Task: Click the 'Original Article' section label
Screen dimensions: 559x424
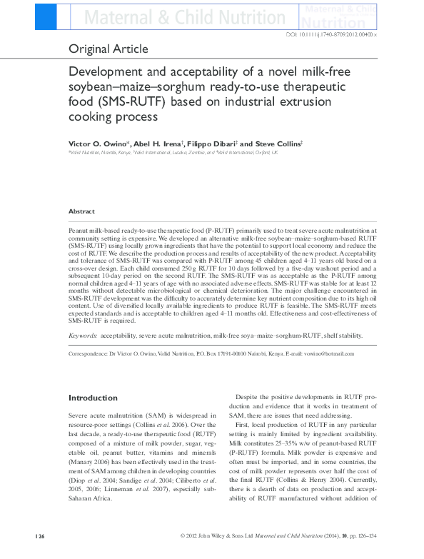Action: click(108, 49)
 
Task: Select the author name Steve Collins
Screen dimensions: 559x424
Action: click(280, 143)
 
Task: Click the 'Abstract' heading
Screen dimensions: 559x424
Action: click(81, 211)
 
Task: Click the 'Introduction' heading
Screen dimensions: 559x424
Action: click(93, 398)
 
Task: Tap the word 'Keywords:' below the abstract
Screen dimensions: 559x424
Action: click(83, 335)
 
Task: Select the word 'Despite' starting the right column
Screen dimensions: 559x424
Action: click(248, 397)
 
